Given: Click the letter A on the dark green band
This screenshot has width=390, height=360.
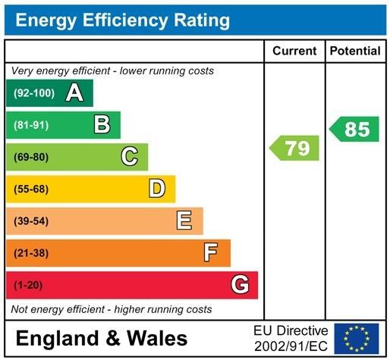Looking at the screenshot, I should (x=74, y=93).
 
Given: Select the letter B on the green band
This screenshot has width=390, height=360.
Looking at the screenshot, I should (x=102, y=125).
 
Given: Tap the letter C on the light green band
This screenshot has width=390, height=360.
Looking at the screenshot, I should (x=130, y=157).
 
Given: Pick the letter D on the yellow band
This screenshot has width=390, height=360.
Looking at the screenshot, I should (x=157, y=189).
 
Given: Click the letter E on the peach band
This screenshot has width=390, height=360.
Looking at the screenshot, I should (x=184, y=221).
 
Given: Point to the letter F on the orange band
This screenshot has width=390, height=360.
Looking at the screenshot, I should (x=212, y=252).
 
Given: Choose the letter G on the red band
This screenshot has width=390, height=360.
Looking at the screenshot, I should (x=240, y=285).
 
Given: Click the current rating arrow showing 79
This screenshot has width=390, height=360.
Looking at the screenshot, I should (x=296, y=148).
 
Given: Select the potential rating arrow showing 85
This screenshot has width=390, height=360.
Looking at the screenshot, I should (x=355, y=129).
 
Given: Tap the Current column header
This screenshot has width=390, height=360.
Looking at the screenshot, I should (x=294, y=51).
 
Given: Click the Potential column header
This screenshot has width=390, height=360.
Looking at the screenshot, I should (x=355, y=51).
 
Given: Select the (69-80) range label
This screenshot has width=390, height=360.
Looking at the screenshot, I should (x=30, y=157).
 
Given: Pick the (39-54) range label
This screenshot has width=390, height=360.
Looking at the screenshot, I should (x=30, y=221).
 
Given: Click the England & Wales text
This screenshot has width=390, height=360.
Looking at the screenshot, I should (x=101, y=338).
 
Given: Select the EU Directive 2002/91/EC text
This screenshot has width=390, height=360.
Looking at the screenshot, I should (x=291, y=338).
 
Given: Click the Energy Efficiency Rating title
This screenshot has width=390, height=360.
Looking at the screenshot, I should (x=123, y=20).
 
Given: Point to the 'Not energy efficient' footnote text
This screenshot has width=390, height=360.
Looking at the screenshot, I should (x=111, y=309).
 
